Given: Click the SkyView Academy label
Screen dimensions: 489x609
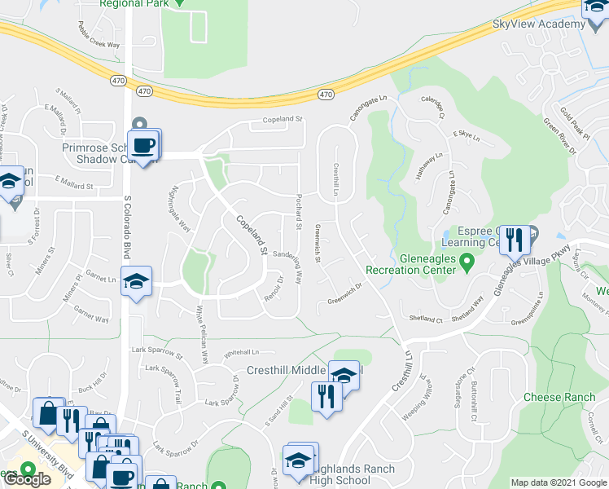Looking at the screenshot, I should point(539,24).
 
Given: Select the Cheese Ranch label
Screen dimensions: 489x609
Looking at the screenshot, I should point(559,398).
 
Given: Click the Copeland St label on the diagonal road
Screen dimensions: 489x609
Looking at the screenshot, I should point(252,236).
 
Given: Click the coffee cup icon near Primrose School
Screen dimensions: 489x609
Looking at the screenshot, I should point(143,146).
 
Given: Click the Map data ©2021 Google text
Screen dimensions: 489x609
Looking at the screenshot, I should point(558,483).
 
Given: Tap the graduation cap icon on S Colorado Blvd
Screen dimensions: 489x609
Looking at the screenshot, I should point(136,281).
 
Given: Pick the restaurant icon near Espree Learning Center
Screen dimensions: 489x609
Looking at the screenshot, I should point(513,239).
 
